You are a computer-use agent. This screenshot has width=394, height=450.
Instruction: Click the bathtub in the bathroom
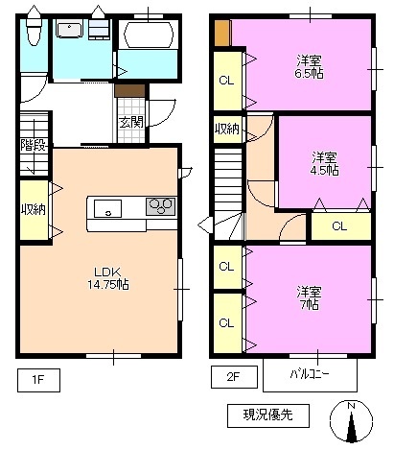click(145, 41)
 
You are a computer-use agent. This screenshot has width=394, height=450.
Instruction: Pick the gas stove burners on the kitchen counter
click(160, 206)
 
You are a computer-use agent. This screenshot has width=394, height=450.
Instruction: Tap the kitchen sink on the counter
click(107, 207)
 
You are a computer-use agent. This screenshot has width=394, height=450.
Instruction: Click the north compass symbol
click(351, 422)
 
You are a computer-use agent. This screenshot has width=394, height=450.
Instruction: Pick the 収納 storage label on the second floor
click(227, 130)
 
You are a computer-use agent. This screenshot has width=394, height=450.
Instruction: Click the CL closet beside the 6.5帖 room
click(227, 81)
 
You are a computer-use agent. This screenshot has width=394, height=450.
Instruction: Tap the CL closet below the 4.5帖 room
click(339, 226)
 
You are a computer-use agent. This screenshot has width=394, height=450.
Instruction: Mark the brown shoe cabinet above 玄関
click(128, 91)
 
